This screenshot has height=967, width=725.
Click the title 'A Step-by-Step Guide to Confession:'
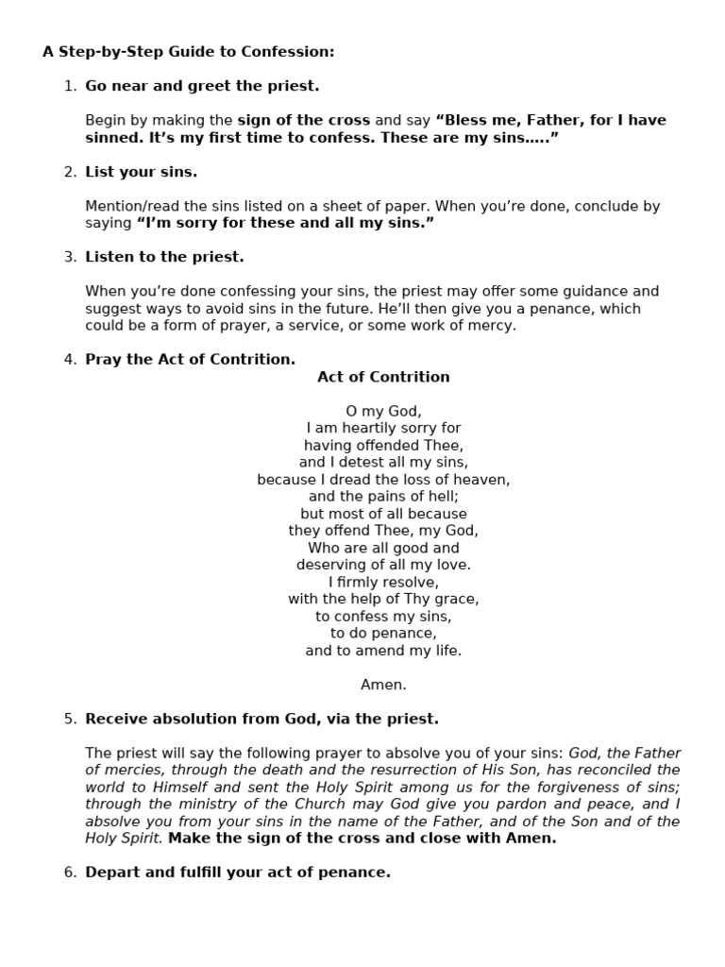[x=188, y=52]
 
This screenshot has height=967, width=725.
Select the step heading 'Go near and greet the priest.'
[x=202, y=86]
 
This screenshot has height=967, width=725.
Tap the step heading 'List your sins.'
[x=141, y=172]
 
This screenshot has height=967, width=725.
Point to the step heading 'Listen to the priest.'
[x=164, y=257]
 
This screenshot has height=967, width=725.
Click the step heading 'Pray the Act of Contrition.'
[x=190, y=359]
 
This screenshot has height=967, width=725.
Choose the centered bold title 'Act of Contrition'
[x=383, y=377]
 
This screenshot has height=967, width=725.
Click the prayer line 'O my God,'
[x=383, y=411]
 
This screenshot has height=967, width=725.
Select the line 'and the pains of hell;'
[x=383, y=496]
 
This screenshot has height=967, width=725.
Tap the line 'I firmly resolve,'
[x=383, y=582]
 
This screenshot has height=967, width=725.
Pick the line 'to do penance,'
[x=383, y=633]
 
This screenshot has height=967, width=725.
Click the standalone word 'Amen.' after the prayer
[x=383, y=685]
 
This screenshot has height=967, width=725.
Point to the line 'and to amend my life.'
[x=383, y=651]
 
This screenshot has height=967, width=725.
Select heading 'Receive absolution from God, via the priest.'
[x=261, y=719]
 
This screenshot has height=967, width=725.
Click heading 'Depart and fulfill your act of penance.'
[x=237, y=873]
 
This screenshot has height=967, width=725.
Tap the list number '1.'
[x=70, y=86]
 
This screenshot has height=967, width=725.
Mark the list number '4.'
[x=70, y=359]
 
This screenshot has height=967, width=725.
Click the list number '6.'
[x=70, y=873]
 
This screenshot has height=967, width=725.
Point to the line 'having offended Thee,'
[x=383, y=445]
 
